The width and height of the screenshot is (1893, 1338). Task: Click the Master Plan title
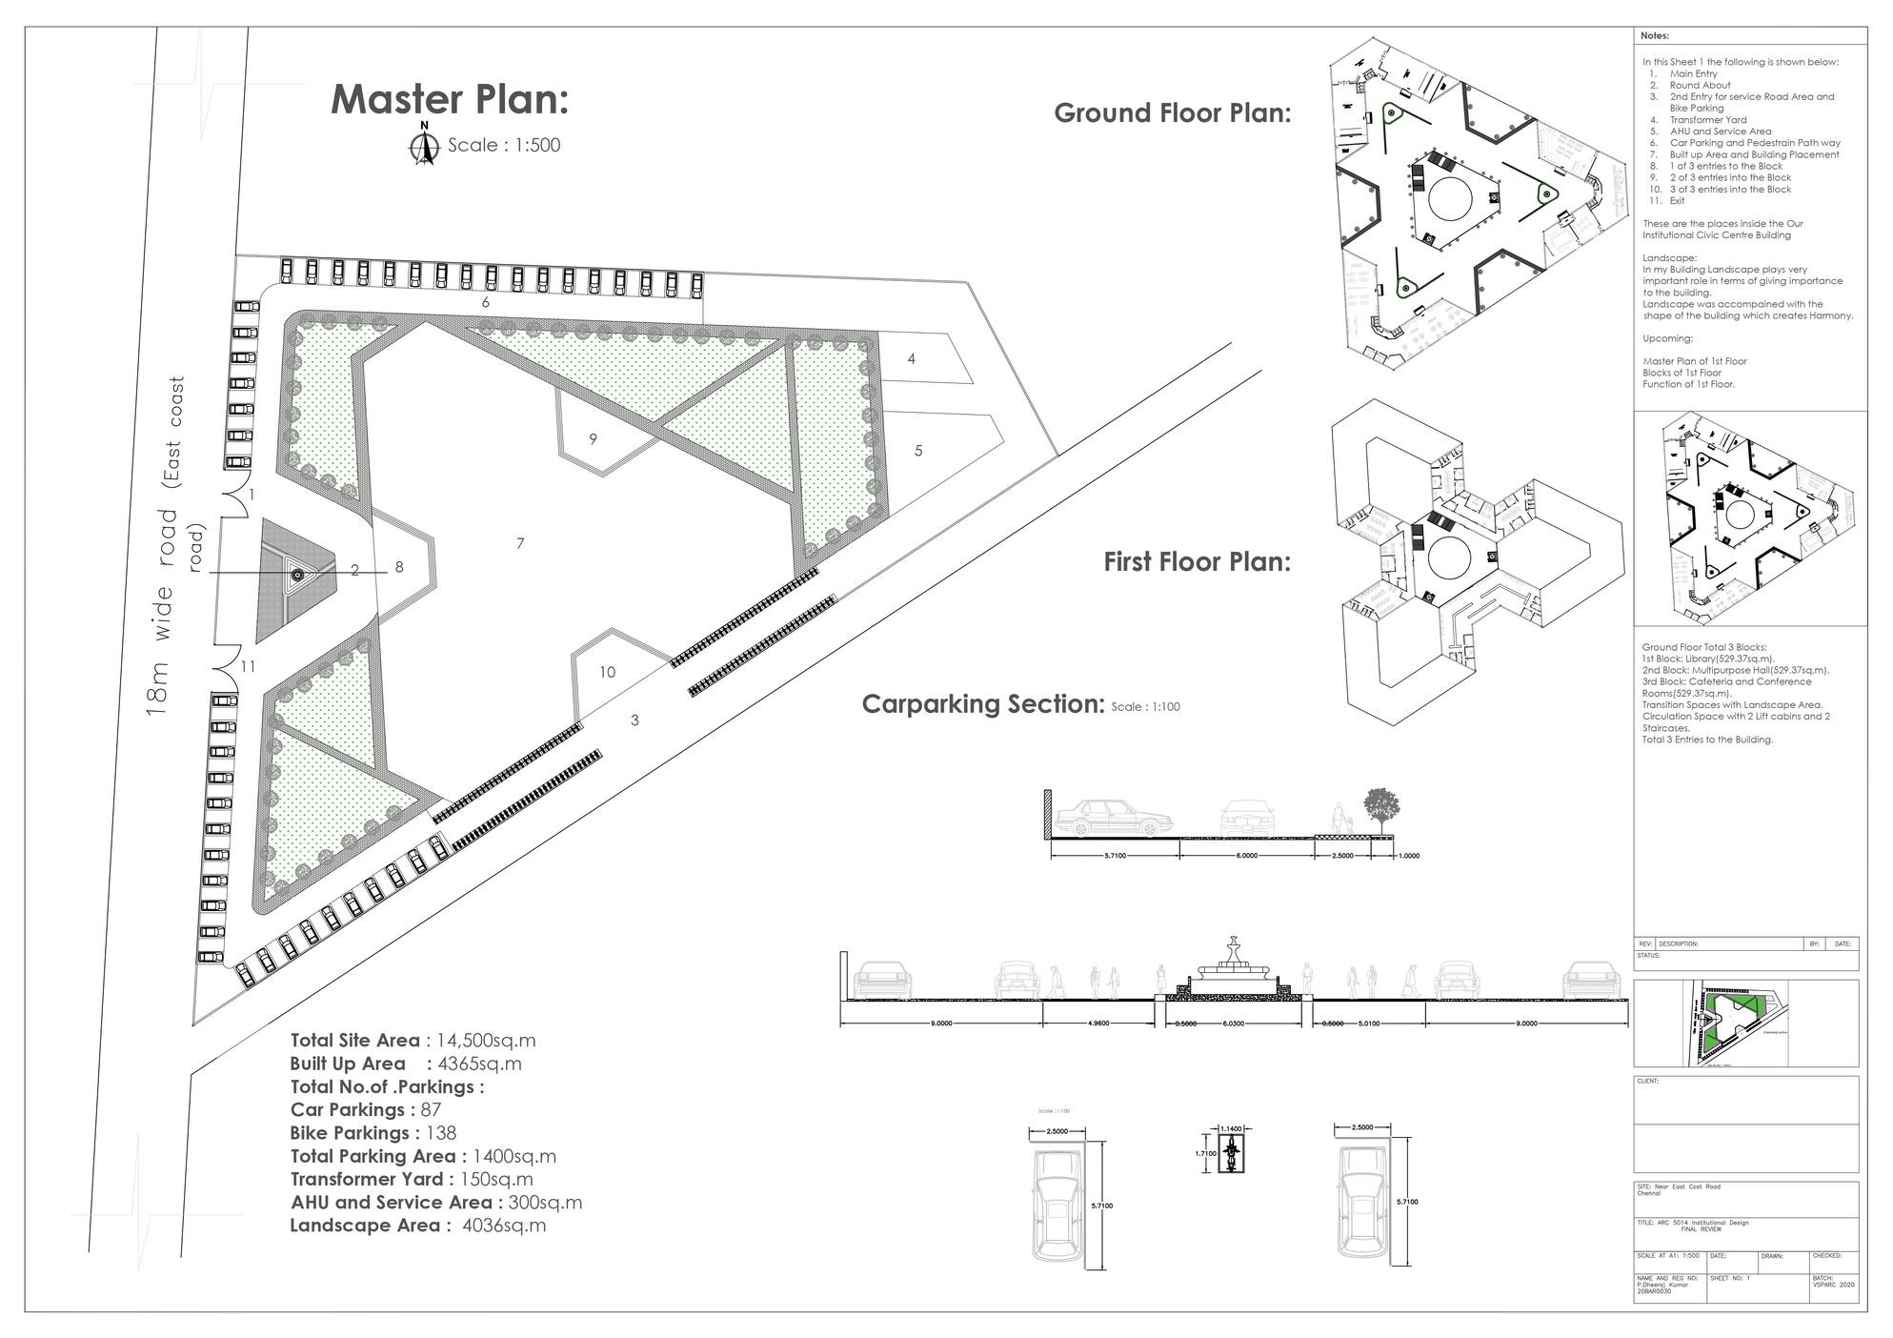(x=449, y=100)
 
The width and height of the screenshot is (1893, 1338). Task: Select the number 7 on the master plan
(x=520, y=543)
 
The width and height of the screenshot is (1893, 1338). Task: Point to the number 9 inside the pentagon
(x=594, y=439)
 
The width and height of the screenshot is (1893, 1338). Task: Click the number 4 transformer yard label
(x=912, y=358)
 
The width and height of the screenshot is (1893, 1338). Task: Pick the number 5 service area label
(x=918, y=451)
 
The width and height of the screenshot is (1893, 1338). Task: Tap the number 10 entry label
(x=608, y=672)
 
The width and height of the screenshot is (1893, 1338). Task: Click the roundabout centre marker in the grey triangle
(x=297, y=574)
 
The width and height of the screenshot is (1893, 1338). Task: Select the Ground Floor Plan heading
(x=1172, y=113)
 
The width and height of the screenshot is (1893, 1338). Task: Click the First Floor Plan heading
(x=1197, y=562)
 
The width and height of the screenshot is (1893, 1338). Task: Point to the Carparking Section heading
(x=982, y=704)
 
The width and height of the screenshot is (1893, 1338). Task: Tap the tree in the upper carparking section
(x=1380, y=807)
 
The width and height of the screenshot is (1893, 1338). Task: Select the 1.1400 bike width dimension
(x=1231, y=1129)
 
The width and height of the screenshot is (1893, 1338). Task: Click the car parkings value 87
(x=431, y=1110)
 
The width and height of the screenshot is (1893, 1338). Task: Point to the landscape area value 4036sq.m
(x=504, y=1226)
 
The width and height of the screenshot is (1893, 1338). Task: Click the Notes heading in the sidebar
(x=1655, y=36)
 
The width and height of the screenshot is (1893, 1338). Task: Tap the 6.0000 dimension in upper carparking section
(x=1246, y=856)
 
